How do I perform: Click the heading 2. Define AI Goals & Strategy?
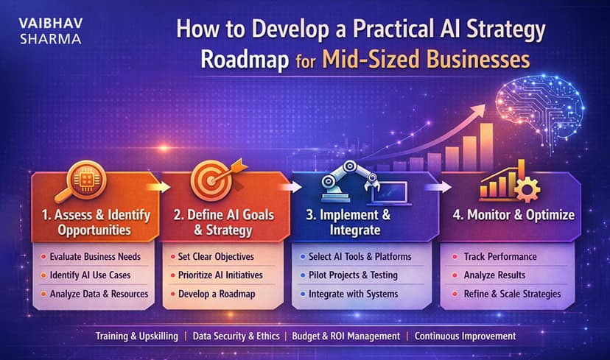tap(223, 222)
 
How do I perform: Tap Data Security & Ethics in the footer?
tap(236, 336)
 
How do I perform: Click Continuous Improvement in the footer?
tap(465, 336)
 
